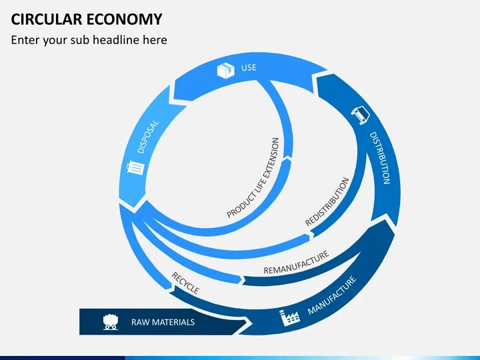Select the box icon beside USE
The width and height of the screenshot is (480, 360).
click(226, 69)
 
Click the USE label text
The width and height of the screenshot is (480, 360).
click(248, 68)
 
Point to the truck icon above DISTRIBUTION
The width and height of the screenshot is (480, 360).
click(361, 115)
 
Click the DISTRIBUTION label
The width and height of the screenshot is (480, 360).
click(379, 157)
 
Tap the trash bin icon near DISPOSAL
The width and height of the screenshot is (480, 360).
click(135, 167)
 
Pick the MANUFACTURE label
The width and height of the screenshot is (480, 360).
click(332, 296)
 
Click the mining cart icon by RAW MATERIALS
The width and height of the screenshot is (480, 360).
click(111, 322)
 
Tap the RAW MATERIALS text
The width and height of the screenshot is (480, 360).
click(163, 323)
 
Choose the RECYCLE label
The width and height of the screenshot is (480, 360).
click(185, 283)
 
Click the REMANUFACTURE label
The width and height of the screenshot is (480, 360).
click(296, 263)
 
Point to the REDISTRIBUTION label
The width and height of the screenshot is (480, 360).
click(327, 201)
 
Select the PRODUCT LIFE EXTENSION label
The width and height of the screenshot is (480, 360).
click(254, 178)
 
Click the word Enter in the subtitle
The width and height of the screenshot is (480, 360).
click(25, 40)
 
